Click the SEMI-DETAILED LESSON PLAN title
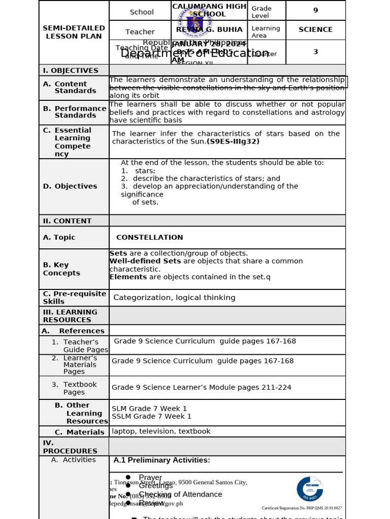point(74,32)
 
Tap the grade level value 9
point(315,10)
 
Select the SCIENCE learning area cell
point(315,30)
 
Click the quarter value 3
point(315,52)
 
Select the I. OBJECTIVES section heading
point(71,70)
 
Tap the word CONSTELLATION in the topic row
point(149,237)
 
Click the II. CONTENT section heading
point(67,221)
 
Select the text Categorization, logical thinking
point(174,298)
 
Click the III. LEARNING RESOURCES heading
point(70,316)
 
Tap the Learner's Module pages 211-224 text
point(202,387)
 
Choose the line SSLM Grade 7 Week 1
point(151,416)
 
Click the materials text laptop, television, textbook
point(161,431)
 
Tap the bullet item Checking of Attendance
point(180,494)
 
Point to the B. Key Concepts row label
point(61,269)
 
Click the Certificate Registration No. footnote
point(302,508)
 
